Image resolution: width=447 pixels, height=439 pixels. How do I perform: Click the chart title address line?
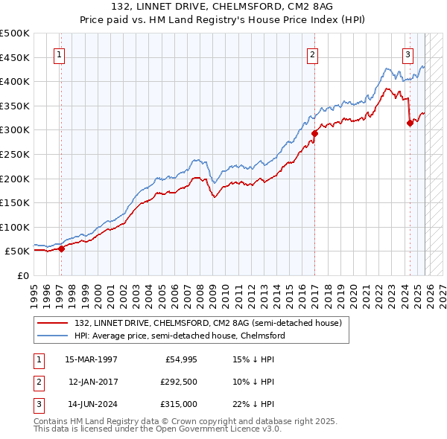pyautogui.click(x=222, y=7)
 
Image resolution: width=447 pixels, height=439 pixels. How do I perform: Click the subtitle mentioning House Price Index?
pyautogui.click(x=222, y=20)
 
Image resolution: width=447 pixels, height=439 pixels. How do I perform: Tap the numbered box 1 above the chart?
pyautogui.click(x=59, y=54)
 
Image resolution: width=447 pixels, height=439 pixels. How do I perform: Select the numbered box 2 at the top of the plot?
pyautogui.click(x=313, y=54)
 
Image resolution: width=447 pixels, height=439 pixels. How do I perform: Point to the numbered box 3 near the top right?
pyautogui.click(x=408, y=54)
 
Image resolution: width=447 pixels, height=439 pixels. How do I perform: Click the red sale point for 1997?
pyautogui.click(x=61, y=249)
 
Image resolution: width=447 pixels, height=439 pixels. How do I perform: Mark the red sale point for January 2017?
pyautogui.click(x=314, y=134)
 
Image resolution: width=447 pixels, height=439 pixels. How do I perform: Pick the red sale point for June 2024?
pyautogui.click(x=410, y=124)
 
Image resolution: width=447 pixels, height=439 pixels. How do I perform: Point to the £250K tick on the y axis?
pyautogui.click(x=15, y=154)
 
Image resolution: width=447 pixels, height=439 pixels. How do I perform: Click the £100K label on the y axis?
pyautogui.click(x=15, y=227)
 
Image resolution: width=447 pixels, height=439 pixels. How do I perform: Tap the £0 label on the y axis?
pyautogui.click(x=22, y=275)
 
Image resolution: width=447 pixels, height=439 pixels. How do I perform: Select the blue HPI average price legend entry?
pyautogui.click(x=179, y=336)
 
